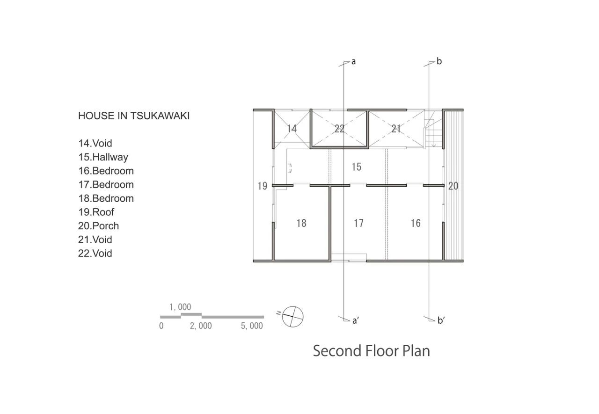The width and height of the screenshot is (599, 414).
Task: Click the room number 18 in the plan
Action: click(301, 223)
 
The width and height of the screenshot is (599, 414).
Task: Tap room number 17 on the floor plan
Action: click(358, 223)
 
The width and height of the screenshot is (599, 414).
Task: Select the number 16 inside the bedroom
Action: click(416, 223)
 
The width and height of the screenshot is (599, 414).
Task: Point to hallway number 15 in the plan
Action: click(357, 167)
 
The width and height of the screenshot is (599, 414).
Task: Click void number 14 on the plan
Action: click(292, 129)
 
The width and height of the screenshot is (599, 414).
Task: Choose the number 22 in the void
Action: click(339, 129)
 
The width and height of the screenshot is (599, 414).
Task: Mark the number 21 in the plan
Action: click(396, 129)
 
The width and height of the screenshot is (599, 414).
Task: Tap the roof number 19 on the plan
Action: click(263, 186)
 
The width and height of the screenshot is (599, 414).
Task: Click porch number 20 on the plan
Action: click(453, 186)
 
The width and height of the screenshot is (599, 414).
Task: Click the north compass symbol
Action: click(292, 317)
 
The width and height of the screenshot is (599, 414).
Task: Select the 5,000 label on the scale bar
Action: click(252, 326)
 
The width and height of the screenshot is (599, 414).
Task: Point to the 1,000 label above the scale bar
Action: click(180, 307)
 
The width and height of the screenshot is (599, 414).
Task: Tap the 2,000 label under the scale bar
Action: click(201, 326)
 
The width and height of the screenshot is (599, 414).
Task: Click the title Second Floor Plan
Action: click(372, 351)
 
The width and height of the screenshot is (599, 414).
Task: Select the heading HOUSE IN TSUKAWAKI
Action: click(134, 116)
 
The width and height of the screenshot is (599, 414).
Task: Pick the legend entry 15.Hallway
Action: click(103, 157)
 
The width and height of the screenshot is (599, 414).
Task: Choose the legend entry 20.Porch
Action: click(98, 226)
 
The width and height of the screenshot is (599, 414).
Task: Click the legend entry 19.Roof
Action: click(96, 212)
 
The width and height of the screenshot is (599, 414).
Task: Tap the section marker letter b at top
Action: click(439, 61)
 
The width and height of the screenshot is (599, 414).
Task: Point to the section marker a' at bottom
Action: click(356, 320)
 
